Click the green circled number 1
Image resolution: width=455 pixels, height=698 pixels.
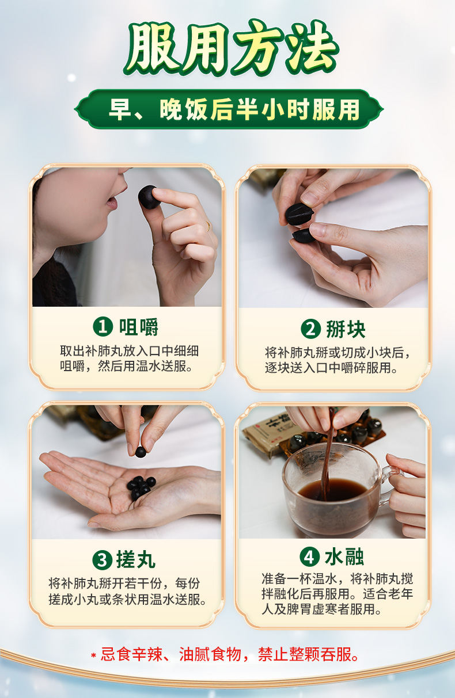(x=103, y=327)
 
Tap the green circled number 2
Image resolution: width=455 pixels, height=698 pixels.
(x=310, y=329)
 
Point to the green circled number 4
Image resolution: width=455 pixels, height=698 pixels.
(x=309, y=557)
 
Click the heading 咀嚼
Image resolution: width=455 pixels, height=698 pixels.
(x=139, y=327)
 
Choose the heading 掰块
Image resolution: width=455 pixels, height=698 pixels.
(x=346, y=329)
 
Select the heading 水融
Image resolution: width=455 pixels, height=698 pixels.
(x=344, y=557)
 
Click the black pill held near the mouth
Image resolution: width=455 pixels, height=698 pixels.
(x=149, y=197)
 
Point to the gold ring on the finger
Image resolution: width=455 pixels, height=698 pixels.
(x=208, y=226)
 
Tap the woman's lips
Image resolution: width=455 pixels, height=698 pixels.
(x=112, y=204)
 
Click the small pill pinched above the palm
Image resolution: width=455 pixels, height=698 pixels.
(x=141, y=452)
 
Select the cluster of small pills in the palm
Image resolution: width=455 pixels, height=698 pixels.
(x=141, y=487)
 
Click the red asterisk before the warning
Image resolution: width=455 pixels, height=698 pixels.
(x=93, y=655)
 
